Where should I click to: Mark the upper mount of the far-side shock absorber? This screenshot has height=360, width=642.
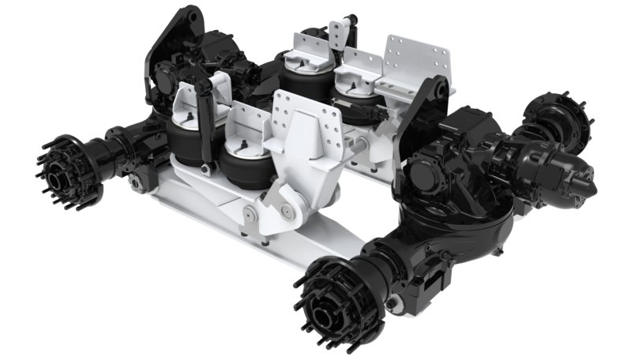[x=339, y=31]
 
